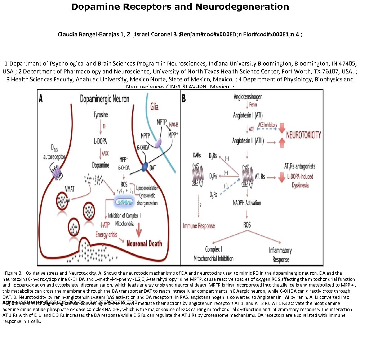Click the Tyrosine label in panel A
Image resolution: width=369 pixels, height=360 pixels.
click(x=101, y=115)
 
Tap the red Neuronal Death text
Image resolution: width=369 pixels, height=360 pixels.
click(x=144, y=243)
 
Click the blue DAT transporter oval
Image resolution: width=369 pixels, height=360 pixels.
click(x=145, y=167)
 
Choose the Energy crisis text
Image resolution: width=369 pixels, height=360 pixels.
click(x=108, y=234)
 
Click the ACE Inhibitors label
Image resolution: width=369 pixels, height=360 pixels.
click(x=268, y=124)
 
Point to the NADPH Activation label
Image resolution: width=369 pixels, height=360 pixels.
click(x=247, y=203)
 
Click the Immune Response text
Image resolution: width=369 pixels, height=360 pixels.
click(x=199, y=226)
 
